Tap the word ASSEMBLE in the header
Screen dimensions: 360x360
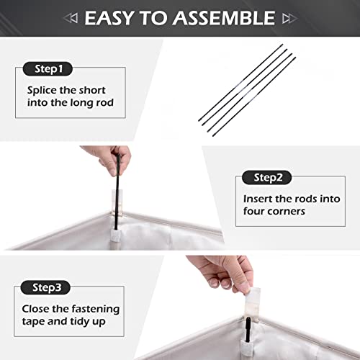pos(224,18)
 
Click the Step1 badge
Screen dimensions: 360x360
pos(48,69)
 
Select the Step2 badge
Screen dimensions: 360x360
pos(266,178)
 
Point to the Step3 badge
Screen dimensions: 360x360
pos(45,287)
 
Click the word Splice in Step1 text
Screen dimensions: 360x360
pos(42,91)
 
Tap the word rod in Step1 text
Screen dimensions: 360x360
pos(104,103)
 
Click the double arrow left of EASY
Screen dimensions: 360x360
pos(71,18)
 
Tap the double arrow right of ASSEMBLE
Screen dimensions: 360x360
pos(290,19)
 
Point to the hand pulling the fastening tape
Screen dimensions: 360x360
pos(223,272)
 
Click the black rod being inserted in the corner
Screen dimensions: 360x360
pos(117,192)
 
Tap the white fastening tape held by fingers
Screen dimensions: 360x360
pos(253,305)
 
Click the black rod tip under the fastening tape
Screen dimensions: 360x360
pos(248,329)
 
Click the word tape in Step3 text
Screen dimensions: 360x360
pos(33,322)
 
